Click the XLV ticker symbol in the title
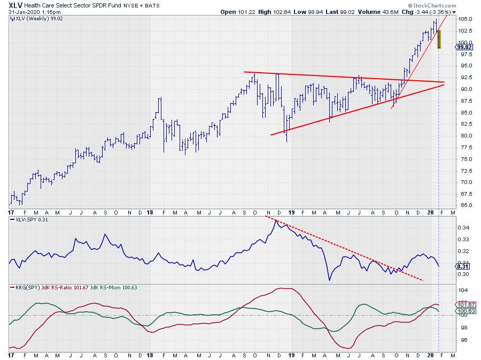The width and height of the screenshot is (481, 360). coord(15,5)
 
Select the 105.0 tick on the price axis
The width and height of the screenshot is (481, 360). coord(465,19)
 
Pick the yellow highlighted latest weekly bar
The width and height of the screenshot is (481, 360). coord(439,39)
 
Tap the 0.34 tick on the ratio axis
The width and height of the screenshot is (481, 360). coord(463,228)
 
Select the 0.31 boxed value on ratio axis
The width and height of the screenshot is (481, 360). coord(463,266)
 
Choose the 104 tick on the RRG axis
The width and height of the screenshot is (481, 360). coord(462,290)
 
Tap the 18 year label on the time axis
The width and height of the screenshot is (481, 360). coord(151,355)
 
